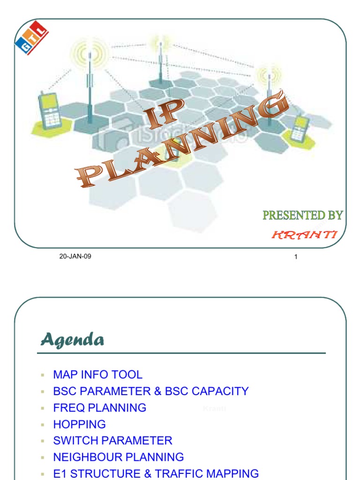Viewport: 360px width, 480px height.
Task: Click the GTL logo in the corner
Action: pos(31,37)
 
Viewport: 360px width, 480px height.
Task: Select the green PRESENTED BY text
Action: pos(302,215)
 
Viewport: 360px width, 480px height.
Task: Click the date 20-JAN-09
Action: pos(75,256)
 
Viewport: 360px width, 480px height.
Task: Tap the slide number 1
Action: pos(296,256)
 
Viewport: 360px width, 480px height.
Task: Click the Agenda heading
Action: pos(72,339)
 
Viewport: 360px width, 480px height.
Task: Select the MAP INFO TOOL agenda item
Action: pos(97,375)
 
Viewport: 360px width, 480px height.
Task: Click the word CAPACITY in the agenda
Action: pos(219,391)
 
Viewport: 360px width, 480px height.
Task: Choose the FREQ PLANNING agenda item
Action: pos(99,408)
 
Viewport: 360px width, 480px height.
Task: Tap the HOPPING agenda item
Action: pos(79,424)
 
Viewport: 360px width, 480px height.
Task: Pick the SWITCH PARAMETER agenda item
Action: pos(112,441)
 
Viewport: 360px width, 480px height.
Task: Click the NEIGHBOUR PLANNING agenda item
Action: pos(118,457)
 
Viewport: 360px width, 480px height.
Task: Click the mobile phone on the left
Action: pos(50,111)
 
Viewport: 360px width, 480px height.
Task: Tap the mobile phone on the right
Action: pos(300,128)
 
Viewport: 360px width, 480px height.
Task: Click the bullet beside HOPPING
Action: pos(42,425)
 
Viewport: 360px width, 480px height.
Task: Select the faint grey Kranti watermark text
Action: pos(214,409)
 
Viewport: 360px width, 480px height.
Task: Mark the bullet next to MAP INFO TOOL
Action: pos(42,375)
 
